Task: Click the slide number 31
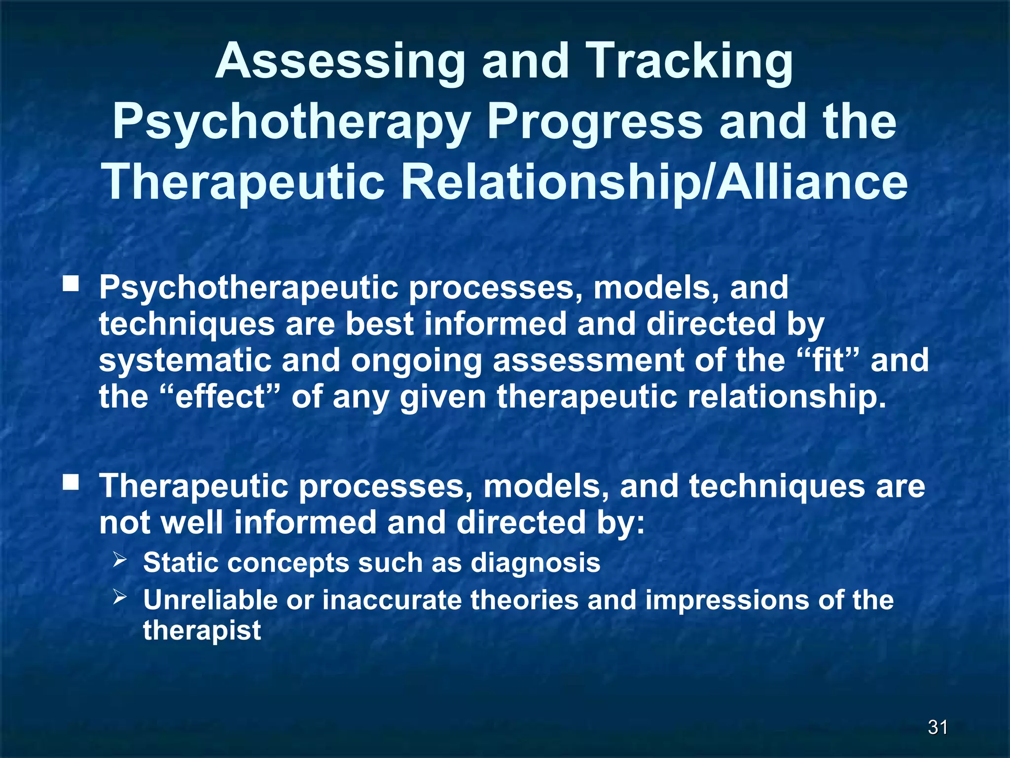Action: tap(938, 727)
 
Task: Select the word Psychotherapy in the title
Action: tap(290, 122)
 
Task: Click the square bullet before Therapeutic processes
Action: tap(71, 482)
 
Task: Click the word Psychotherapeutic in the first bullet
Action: tap(249, 288)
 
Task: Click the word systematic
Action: tap(185, 360)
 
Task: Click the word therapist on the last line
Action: tap(202, 630)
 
